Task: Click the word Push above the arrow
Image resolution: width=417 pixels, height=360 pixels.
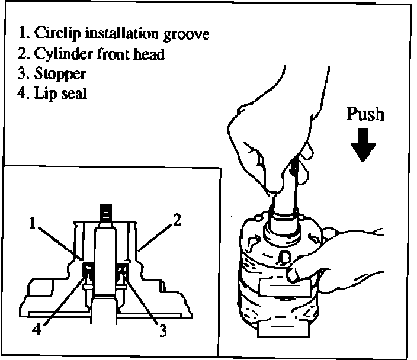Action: click(x=365, y=113)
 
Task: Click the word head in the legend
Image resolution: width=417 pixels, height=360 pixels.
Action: click(x=150, y=54)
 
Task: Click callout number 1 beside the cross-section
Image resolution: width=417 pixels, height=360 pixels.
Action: click(x=33, y=223)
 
